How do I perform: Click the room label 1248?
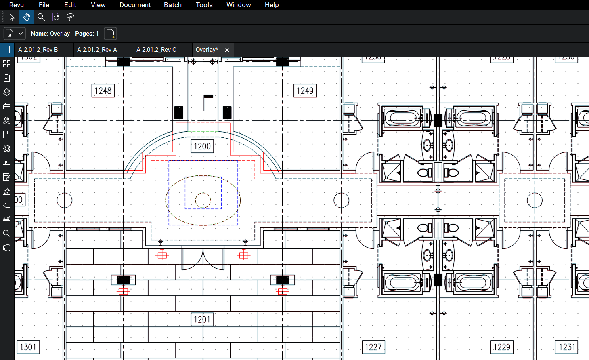(103, 91)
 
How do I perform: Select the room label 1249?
(305, 91)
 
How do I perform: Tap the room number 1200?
(202, 146)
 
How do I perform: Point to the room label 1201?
(202, 320)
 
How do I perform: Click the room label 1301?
(28, 347)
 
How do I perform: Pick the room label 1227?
(373, 347)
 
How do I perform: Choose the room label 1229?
(502, 347)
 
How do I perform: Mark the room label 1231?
(567, 347)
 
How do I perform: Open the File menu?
(44, 5)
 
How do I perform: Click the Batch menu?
(173, 5)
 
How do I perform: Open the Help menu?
(272, 5)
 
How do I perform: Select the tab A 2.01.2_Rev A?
(97, 50)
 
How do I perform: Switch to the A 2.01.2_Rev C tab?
(157, 50)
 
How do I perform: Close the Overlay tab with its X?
(227, 50)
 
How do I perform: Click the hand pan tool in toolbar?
(27, 17)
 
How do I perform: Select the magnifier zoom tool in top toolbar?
(41, 17)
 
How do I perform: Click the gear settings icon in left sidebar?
(7, 149)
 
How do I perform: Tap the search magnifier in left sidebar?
(7, 234)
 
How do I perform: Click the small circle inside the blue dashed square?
(203, 200)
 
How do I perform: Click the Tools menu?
(204, 5)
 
